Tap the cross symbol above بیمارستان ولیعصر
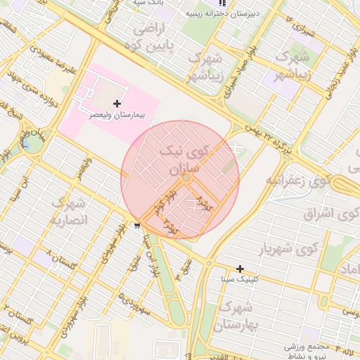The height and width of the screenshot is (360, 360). (x=117, y=103)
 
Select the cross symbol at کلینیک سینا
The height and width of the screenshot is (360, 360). (x=240, y=269)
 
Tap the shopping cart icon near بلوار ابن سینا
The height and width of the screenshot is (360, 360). (x=136, y=226)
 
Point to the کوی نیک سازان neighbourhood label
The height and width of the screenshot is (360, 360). (x=184, y=159)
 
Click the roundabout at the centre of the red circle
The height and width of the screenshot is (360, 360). (x=186, y=179)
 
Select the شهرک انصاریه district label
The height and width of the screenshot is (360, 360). (x=68, y=212)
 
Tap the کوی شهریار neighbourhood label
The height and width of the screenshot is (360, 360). (x=289, y=249)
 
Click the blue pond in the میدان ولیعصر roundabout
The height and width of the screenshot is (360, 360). (x=32, y=143)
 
